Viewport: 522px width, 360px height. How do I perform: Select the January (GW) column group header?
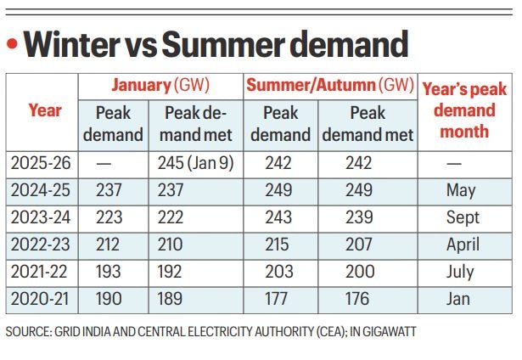pyautogui.click(x=160, y=86)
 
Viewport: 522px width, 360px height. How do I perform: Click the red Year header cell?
pyautogui.click(x=44, y=110)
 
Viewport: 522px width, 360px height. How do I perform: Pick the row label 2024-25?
pyautogui.click(x=43, y=191)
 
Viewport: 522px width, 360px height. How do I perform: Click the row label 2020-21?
pyautogui.click(x=43, y=299)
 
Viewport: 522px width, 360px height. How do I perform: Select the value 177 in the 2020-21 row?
pyautogui.click(x=278, y=299)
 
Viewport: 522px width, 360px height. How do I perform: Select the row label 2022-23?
pyautogui.click(x=43, y=245)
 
